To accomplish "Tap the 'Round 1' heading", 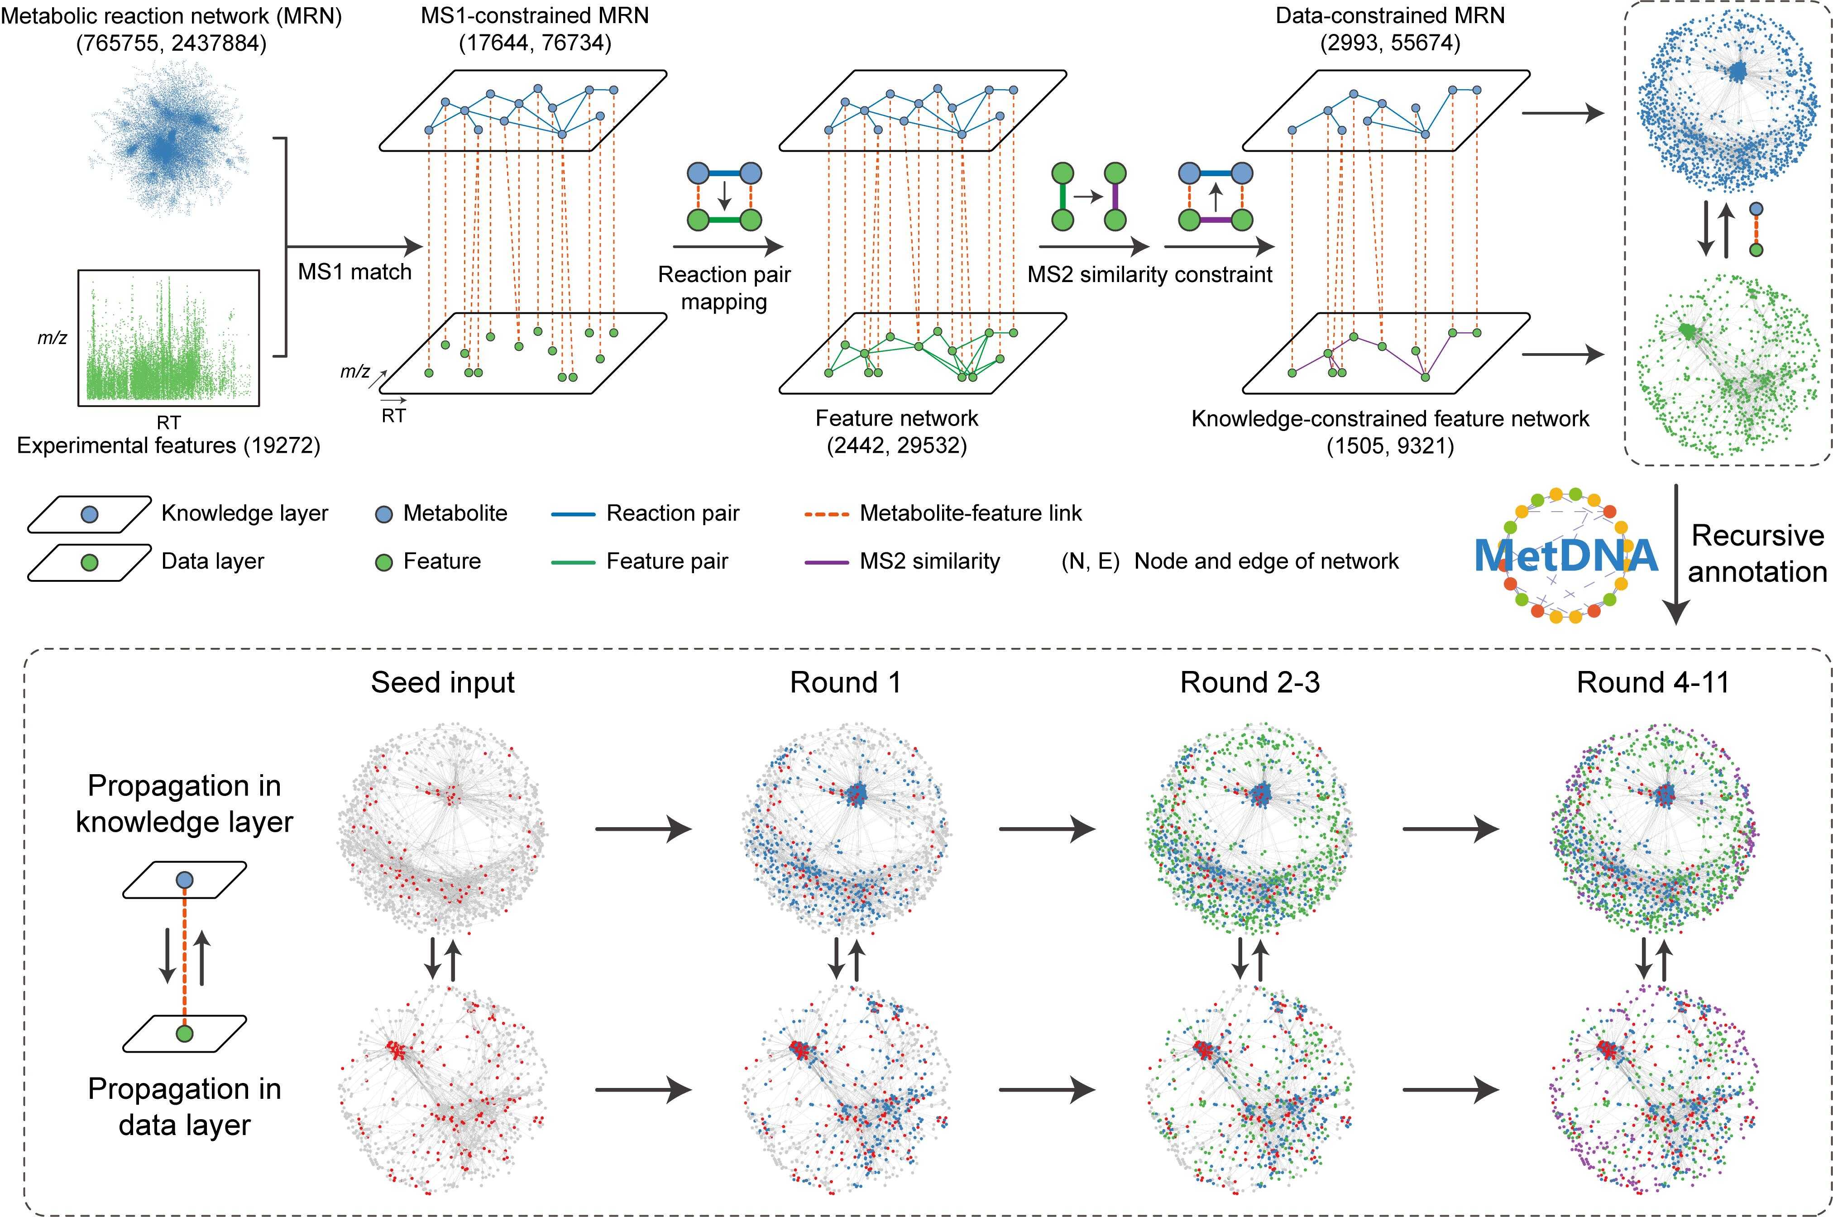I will (x=845, y=682).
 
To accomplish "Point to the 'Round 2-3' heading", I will (x=1249, y=682).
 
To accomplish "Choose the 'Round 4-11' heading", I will (x=1653, y=682).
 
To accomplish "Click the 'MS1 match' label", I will (x=354, y=272).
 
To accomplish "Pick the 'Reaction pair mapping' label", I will (x=724, y=288).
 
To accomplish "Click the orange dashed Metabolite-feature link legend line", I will (x=827, y=514).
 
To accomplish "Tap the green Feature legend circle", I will (x=383, y=562).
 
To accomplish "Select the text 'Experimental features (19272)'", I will (x=168, y=446).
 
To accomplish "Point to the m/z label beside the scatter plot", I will (x=52, y=338).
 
